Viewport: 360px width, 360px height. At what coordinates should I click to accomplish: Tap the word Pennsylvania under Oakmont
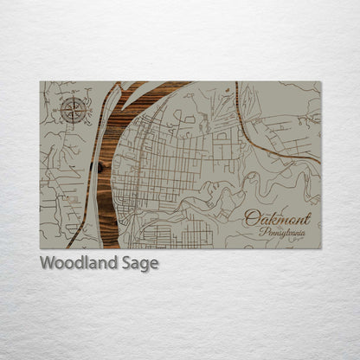click(281, 232)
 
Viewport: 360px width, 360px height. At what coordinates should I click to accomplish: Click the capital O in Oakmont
click(249, 218)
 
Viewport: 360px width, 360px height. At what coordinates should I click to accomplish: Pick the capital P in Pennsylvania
click(262, 231)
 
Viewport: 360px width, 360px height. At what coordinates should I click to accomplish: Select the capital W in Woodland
click(47, 263)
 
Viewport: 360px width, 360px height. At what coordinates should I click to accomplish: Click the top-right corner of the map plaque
click(320, 81)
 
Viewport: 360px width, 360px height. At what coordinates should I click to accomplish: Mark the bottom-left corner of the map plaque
click(40, 248)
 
